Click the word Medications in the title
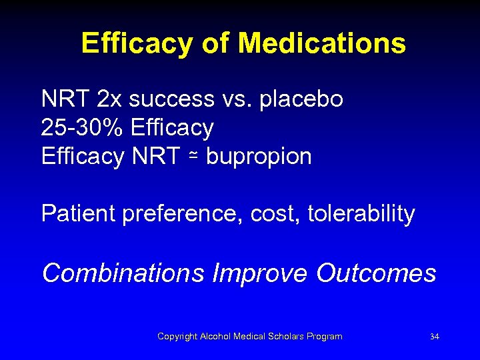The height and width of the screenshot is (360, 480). (x=321, y=43)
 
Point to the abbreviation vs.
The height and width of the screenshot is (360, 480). (x=236, y=99)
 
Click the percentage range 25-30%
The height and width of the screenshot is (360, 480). (x=83, y=128)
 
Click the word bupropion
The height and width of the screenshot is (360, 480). (x=259, y=158)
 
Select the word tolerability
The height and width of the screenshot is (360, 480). (x=361, y=215)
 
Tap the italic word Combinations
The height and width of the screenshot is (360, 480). (x=123, y=273)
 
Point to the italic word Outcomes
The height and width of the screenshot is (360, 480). (x=376, y=273)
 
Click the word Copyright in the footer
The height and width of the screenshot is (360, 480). (x=177, y=337)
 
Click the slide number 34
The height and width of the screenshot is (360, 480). (x=435, y=337)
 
